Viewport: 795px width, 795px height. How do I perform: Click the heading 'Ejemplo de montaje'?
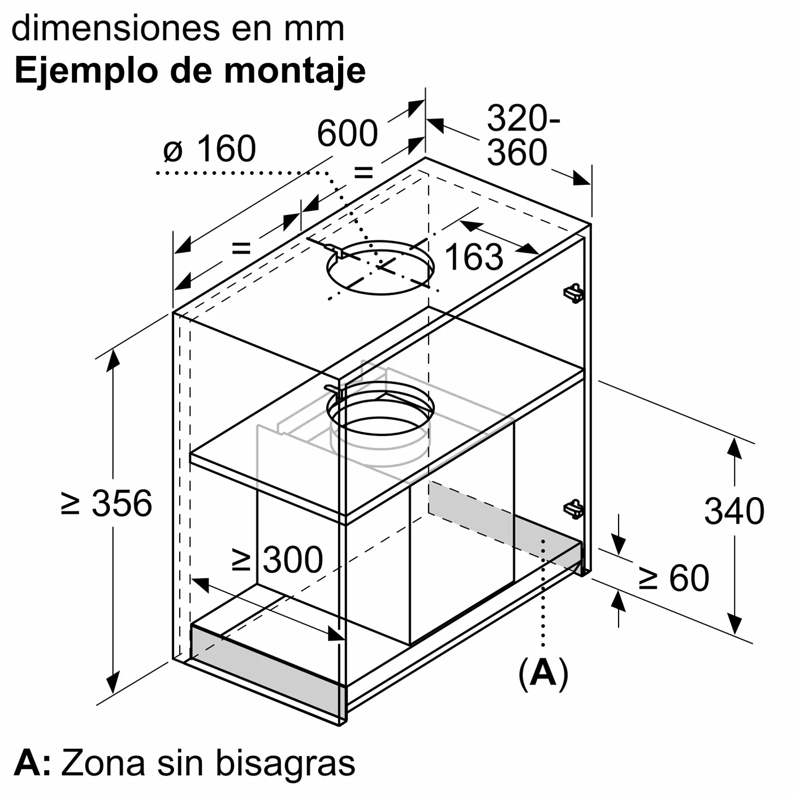(190, 71)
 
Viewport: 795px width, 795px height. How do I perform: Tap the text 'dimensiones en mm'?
(178, 28)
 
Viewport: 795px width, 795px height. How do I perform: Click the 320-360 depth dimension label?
(524, 135)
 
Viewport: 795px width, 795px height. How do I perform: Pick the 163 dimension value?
(474, 257)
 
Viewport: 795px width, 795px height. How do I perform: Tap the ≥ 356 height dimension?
(106, 503)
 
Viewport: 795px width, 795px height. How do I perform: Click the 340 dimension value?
(734, 511)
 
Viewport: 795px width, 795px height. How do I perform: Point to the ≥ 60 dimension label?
(673, 578)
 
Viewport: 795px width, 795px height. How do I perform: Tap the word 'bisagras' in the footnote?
(285, 763)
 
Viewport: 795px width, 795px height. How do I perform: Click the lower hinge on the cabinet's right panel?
(573, 509)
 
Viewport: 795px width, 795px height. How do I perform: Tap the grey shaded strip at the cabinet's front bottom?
(267, 661)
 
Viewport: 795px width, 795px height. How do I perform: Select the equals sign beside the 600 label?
(364, 172)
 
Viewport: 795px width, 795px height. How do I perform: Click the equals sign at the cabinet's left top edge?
(241, 248)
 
